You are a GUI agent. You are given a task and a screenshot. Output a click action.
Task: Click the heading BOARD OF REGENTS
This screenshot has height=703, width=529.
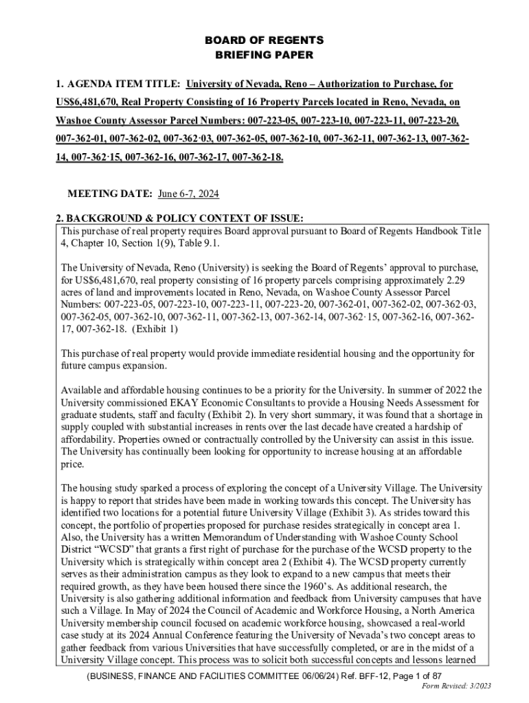pos(264,41)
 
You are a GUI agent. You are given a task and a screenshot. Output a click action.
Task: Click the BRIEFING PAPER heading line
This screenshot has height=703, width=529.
pos(264,54)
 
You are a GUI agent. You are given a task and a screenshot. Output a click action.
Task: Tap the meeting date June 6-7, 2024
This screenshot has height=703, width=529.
pos(188,194)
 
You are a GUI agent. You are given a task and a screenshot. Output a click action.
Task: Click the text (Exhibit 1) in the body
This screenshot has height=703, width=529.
pos(155,329)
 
